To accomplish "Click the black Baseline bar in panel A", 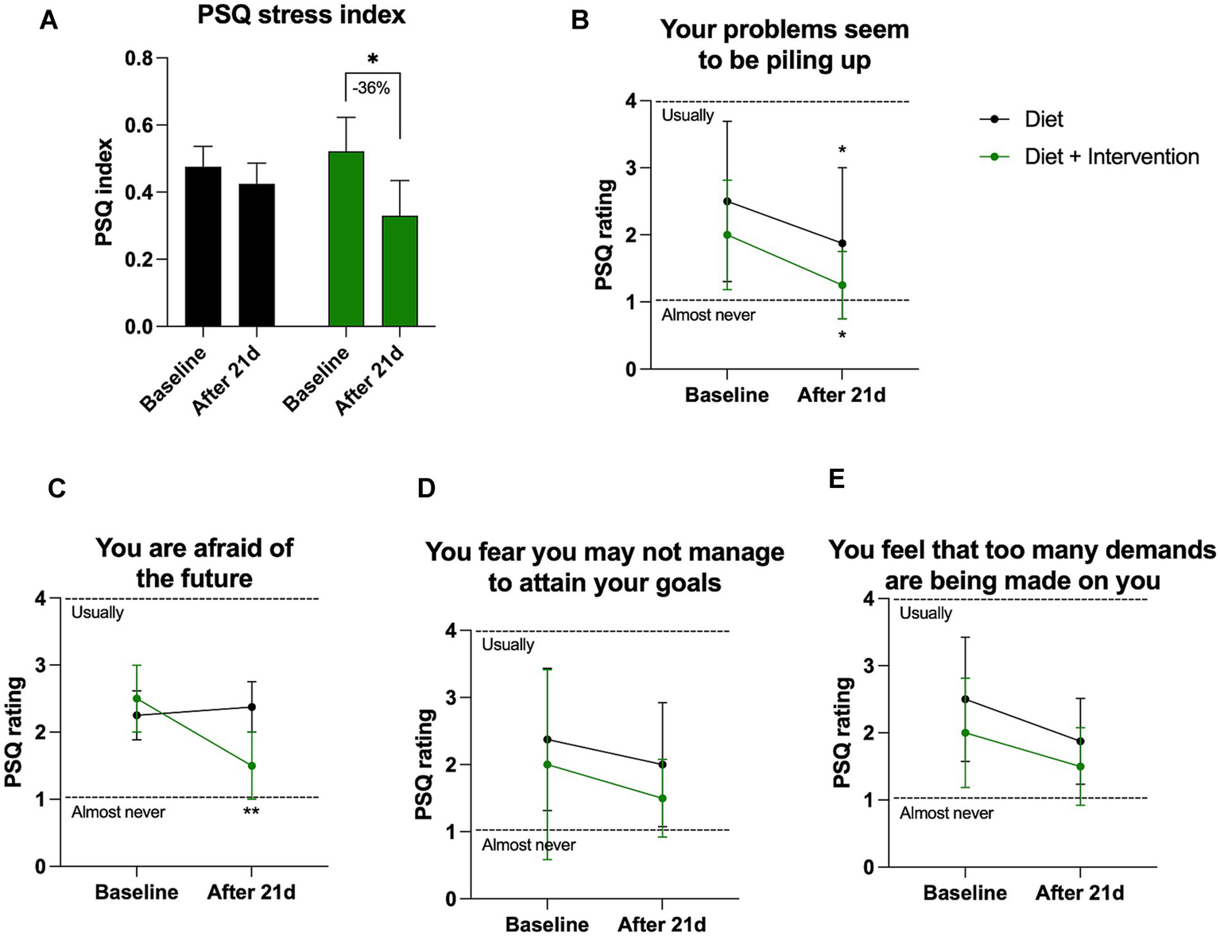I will pos(203,246).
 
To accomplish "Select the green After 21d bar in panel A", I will pos(400,271).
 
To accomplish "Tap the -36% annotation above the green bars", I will pos(372,88).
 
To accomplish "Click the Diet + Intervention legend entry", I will pos(1111,157).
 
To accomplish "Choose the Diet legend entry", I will pos(1043,119).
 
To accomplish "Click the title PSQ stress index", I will pos(301,15).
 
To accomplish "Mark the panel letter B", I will pos(580,21).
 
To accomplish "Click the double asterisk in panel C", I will pos(251,812).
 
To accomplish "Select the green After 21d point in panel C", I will pos(251,766).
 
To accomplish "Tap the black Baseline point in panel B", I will pos(727,201).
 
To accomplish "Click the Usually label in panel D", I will pos(508,644).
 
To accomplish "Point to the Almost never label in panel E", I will pos(946,813).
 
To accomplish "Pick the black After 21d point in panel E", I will pos(1079,741).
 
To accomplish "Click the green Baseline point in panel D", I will pos(547,764).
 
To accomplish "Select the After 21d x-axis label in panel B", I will pos(841,395).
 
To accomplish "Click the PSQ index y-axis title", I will pos(104,192).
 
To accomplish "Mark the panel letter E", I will pos(836,479).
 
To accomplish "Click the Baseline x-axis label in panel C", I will pos(137,892).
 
